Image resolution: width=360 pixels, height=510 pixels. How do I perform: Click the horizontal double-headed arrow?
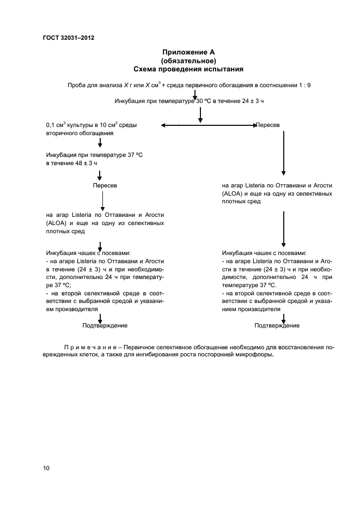coord(209,125)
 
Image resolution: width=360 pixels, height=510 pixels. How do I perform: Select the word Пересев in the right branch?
coord(269,125)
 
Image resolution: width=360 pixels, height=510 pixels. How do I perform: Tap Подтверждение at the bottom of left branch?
coord(105,325)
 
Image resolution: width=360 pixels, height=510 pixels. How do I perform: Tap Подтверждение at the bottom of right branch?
coord(277,325)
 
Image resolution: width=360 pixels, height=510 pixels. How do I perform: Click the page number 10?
coord(46,468)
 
